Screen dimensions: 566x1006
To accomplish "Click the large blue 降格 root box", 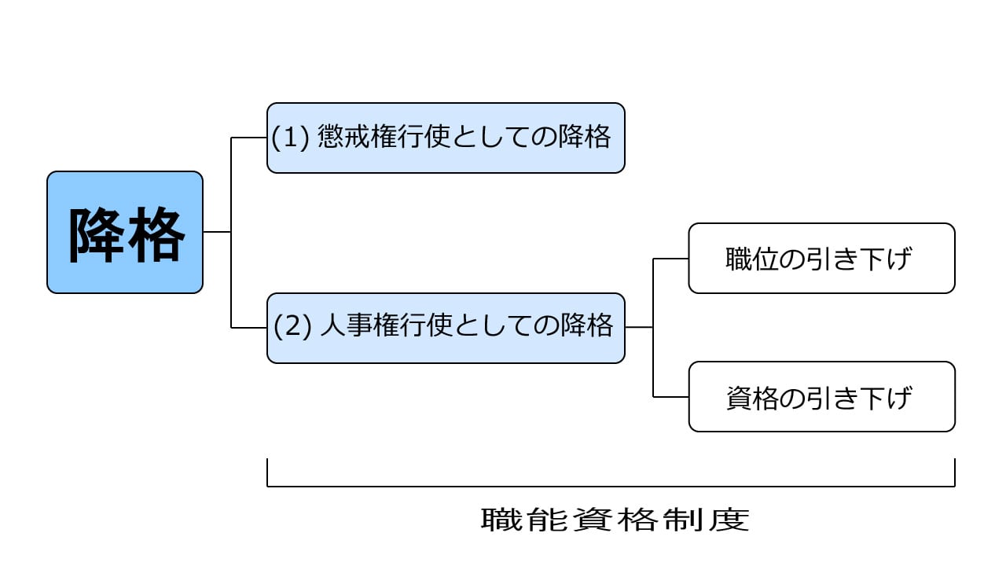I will coord(125,233).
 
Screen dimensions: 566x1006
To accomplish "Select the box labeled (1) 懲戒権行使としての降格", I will coord(446,138).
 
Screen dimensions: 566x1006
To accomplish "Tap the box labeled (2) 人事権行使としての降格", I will coord(446,328).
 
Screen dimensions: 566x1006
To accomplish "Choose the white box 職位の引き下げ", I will coord(821,259).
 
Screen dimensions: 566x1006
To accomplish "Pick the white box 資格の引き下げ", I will coord(821,397).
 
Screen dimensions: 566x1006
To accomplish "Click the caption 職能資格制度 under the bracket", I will coord(615,520).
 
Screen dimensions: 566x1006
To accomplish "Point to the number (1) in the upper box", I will coord(291,138).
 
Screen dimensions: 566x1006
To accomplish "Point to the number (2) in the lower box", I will coord(293,327).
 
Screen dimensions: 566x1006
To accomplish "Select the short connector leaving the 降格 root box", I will coord(217,232).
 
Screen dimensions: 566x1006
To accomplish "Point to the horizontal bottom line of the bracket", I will coord(611,487).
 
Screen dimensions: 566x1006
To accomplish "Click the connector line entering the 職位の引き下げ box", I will coord(671,259).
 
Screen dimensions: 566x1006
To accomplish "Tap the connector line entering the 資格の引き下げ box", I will coord(671,397).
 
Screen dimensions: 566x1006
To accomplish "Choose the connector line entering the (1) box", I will coord(249,138).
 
